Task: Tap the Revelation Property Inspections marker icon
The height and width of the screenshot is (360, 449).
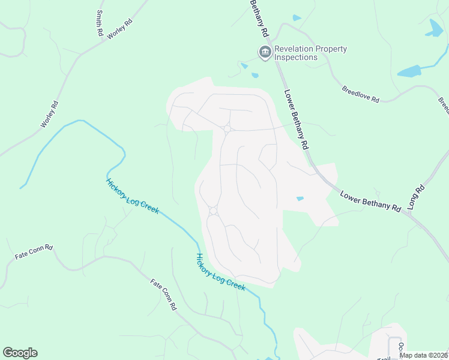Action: pyautogui.click(x=265, y=53)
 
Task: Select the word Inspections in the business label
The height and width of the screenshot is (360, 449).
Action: pyautogui.click(x=296, y=58)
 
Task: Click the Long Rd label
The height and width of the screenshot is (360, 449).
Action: pyautogui.click(x=416, y=197)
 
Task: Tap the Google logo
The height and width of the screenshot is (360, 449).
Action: pyautogui.click(x=20, y=353)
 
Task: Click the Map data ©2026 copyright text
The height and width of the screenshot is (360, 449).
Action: pyautogui.click(x=423, y=355)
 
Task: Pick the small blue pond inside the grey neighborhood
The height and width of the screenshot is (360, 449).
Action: pyautogui.click(x=300, y=199)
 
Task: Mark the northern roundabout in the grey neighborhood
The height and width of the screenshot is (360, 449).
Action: pyautogui.click(x=227, y=128)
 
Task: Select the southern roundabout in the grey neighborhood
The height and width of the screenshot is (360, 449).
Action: pyautogui.click(x=212, y=211)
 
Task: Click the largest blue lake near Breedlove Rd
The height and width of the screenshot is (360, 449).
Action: pyautogui.click(x=410, y=71)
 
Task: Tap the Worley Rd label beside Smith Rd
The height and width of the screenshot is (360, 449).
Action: pyautogui.click(x=119, y=29)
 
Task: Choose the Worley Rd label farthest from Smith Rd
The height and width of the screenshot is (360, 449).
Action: pyautogui.click(x=49, y=113)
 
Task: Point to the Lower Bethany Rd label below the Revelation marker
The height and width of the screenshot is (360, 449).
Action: pyautogui.click(x=296, y=119)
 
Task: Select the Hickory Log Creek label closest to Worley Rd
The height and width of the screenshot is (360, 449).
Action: pyautogui.click(x=132, y=196)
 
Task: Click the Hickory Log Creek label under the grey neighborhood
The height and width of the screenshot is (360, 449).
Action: pyautogui.click(x=220, y=272)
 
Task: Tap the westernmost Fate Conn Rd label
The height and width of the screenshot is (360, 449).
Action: pyautogui.click(x=34, y=251)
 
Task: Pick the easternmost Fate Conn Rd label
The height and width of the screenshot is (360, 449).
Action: pyautogui.click(x=163, y=294)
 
